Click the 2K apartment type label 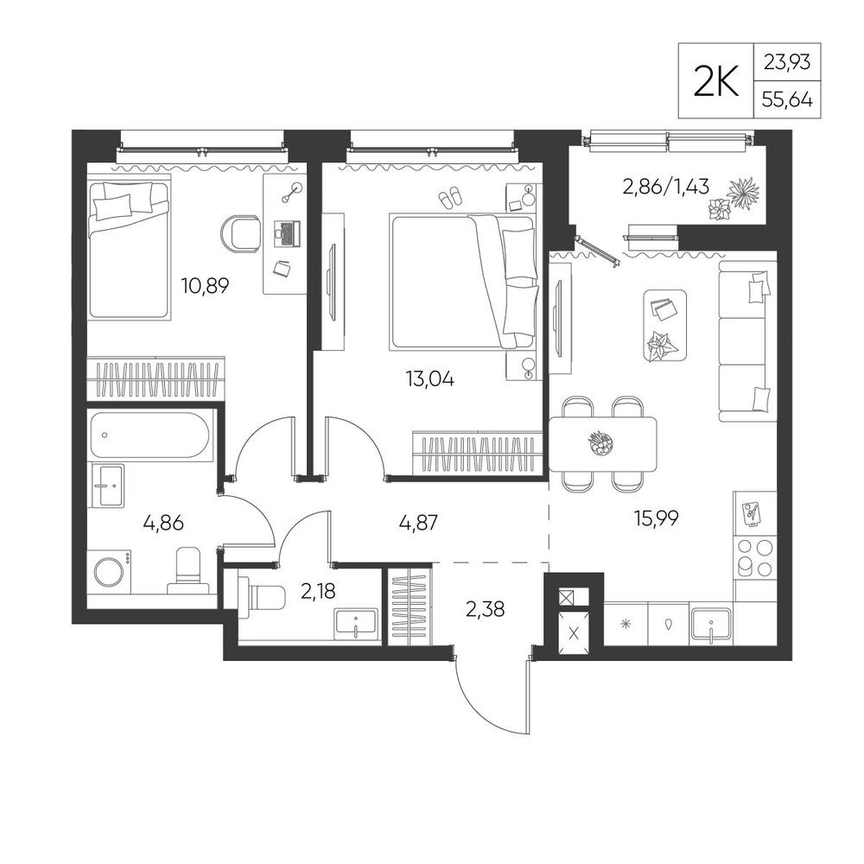[x=715, y=82]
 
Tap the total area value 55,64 [x=787, y=99]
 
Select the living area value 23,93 [x=787, y=61]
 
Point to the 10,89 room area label [x=205, y=285]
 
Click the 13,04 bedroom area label [x=429, y=379]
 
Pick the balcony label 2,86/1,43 [x=665, y=187]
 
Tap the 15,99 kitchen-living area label [x=657, y=518]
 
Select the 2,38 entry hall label [x=485, y=609]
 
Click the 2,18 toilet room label [x=318, y=591]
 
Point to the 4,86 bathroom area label [x=163, y=523]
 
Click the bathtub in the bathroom [x=150, y=435]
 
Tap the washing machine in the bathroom [x=111, y=572]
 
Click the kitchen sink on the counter [x=711, y=625]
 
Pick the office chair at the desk [x=241, y=233]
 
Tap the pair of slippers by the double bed [x=450, y=197]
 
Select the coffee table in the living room [x=665, y=326]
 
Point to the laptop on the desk [x=287, y=233]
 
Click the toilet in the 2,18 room [x=262, y=597]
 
